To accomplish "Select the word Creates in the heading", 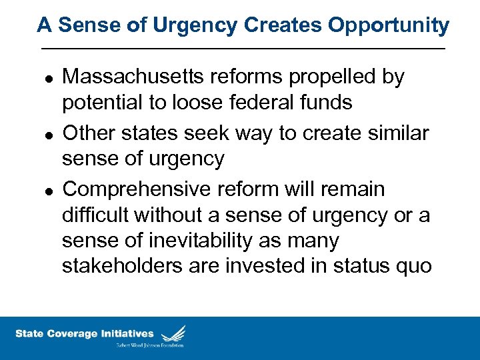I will pyautogui.click(x=275, y=25).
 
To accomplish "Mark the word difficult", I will pyautogui.click(x=95, y=215).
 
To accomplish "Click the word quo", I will pyautogui.click(x=415, y=267).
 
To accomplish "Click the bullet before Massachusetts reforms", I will pyautogui.click(x=46, y=79).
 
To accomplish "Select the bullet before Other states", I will pyautogui.click(x=46, y=135).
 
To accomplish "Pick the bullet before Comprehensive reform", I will pyautogui.click(x=46, y=191).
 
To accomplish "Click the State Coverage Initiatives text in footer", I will pyautogui.click(x=84, y=334).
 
